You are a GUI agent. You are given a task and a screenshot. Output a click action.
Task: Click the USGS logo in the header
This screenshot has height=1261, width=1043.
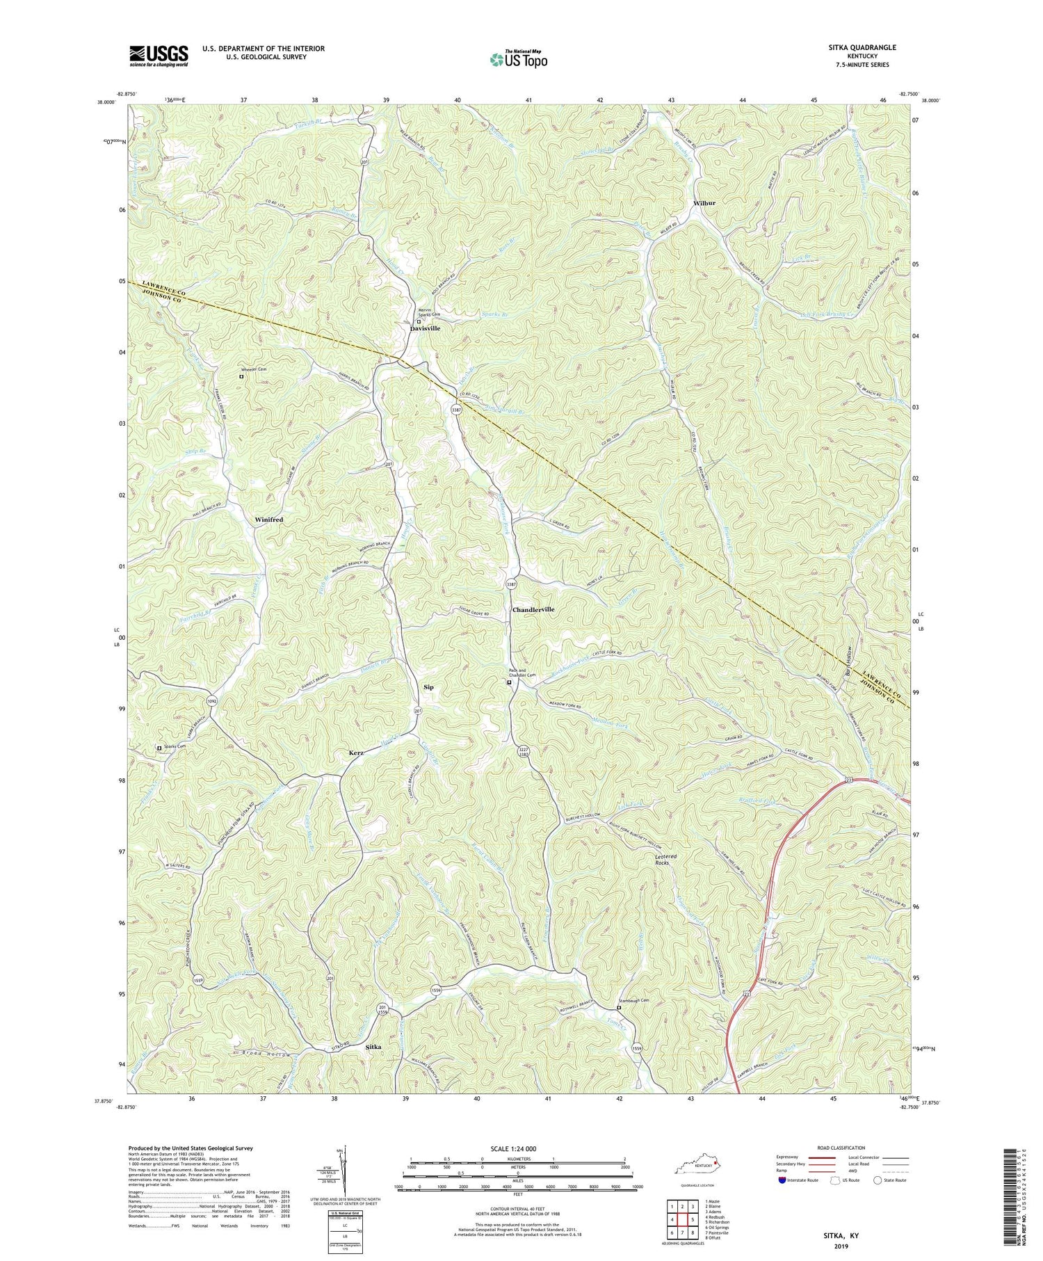(x=158, y=55)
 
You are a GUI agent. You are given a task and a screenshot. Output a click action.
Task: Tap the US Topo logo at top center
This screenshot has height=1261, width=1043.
(x=517, y=58)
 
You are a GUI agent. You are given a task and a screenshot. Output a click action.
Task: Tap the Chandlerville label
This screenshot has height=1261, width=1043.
(x=533, y=609)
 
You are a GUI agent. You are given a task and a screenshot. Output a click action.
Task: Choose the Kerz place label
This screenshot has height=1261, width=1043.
(x=356, y=753)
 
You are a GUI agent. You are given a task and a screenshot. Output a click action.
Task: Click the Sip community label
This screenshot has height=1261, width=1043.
(x=428, y=687)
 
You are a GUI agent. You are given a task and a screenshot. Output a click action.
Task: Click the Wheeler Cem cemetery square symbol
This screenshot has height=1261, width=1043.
(x=242, y=376)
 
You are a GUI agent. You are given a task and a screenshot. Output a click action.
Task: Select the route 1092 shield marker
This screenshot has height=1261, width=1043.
(x=211, y=702)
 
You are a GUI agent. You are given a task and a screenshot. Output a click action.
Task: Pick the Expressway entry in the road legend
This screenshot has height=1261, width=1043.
(x=791, y=1158)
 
